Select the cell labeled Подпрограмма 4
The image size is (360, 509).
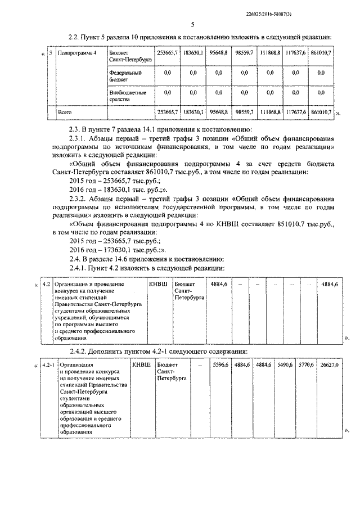(x=77, y=52)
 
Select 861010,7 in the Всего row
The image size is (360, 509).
(x=321, y=112)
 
